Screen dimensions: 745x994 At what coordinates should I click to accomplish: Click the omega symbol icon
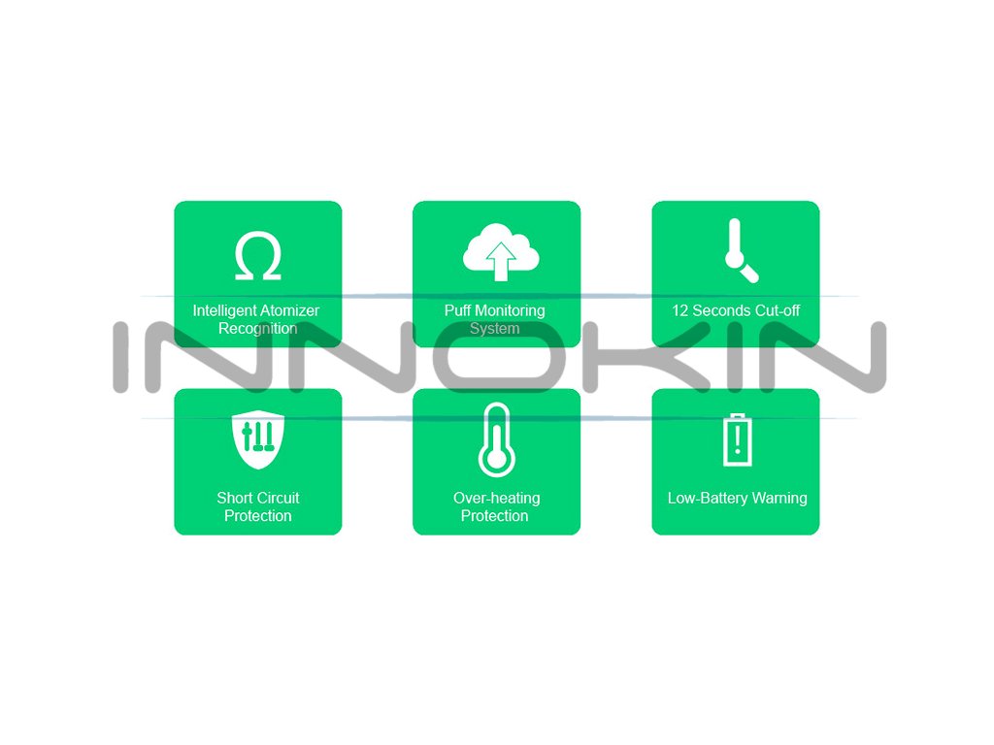click(258, 256)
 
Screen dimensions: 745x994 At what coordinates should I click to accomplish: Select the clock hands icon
click(740, 251)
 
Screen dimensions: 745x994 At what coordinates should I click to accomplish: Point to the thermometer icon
click(497, 440)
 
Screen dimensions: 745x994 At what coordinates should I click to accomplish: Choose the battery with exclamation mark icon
click(738, 439)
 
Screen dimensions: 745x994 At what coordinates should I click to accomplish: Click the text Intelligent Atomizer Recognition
click(256, 319)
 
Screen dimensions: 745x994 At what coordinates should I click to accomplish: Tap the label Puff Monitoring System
click(495, 319)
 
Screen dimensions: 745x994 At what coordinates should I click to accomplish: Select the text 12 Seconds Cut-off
click(736, 310)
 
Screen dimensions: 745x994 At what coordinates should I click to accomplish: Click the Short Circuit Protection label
click(258, 506)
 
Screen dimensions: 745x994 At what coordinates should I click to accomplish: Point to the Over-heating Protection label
click(496, 506)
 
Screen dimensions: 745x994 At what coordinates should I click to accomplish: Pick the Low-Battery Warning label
click(737, 498)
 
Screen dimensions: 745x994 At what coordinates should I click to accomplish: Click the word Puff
click(459, 310)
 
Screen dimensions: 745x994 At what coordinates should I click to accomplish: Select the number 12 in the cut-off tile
click(680, 310)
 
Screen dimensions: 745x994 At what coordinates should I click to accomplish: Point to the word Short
click(235, 498)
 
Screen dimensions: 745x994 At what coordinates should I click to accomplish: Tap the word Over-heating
click(496, 498)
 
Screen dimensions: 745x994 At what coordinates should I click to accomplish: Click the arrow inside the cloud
click(501, 261)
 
